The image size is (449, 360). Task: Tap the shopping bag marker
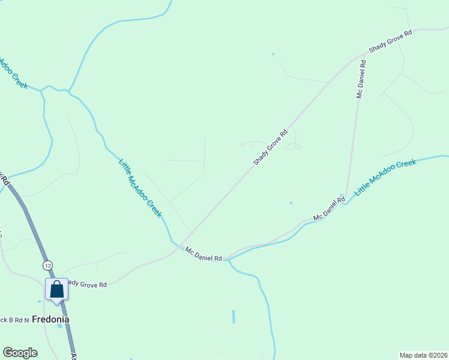point(57,289)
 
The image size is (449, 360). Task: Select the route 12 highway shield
point(48,265)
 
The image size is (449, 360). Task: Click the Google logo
point(20,353)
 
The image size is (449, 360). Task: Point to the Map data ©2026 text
point(423,355)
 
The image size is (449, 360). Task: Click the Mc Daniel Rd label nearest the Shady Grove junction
point(203,254)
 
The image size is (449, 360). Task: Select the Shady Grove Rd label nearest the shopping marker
point(88,283)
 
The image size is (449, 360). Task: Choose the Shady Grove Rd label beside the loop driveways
point(271,148)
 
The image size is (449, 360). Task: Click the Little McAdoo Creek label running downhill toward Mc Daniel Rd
point(140,188)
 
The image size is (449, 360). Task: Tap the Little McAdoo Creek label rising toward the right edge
point(385,177)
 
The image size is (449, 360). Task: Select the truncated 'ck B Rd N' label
point(14,320)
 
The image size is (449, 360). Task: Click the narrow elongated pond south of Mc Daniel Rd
point(234,317)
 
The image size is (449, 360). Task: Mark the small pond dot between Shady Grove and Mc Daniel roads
point(291,203)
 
